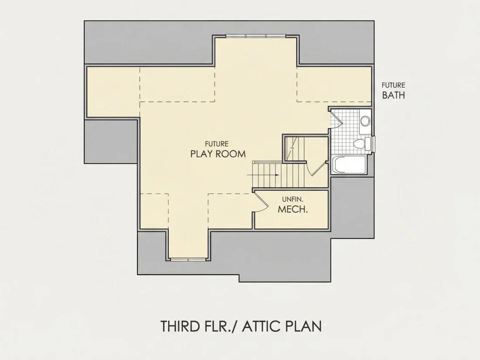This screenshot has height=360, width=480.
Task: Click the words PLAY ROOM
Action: [x=218, y=154]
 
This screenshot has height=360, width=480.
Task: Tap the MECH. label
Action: [x=293, y=209]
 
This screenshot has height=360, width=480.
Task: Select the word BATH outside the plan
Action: [x=393, y=95]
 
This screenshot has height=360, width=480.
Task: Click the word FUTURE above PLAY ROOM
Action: [x=217, y=144]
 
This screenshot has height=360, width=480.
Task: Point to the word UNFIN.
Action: [x=293, y=199]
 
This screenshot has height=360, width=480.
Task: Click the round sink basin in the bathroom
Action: [x=365, y=120]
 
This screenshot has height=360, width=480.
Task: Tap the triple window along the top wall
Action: [x=256, y=36]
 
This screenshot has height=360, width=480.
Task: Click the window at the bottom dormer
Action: [x=189, y=259]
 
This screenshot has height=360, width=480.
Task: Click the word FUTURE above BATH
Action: [x=393, y=85]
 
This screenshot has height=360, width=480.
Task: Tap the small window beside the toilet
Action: [x=374, y=144]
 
